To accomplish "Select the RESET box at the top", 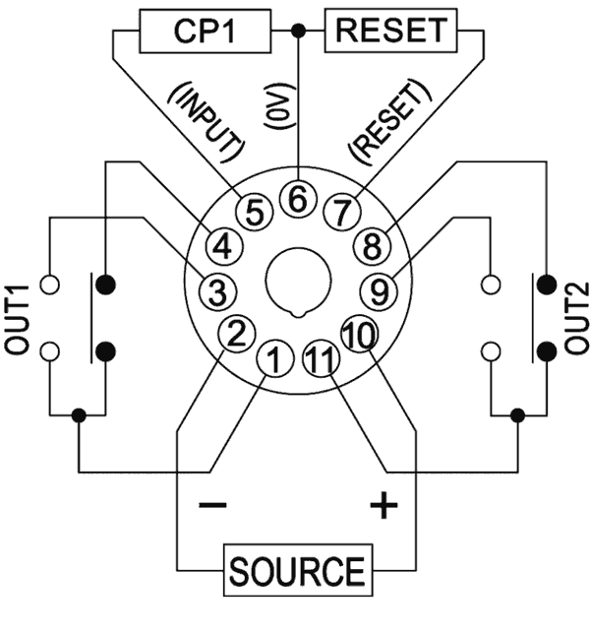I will click(x=391, y=31).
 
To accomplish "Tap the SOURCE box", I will click(x=296, y=570).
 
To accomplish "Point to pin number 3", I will click(x=214, y=289).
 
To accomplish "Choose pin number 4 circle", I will click(x=221, y=246).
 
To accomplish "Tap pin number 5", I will click(x=253, y=211).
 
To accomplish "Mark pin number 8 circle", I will click(x=372, y=246).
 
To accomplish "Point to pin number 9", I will click(x=379, y=289).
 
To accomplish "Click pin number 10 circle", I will click(x=359, y=333).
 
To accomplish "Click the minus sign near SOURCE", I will click(x=213, y=506).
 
